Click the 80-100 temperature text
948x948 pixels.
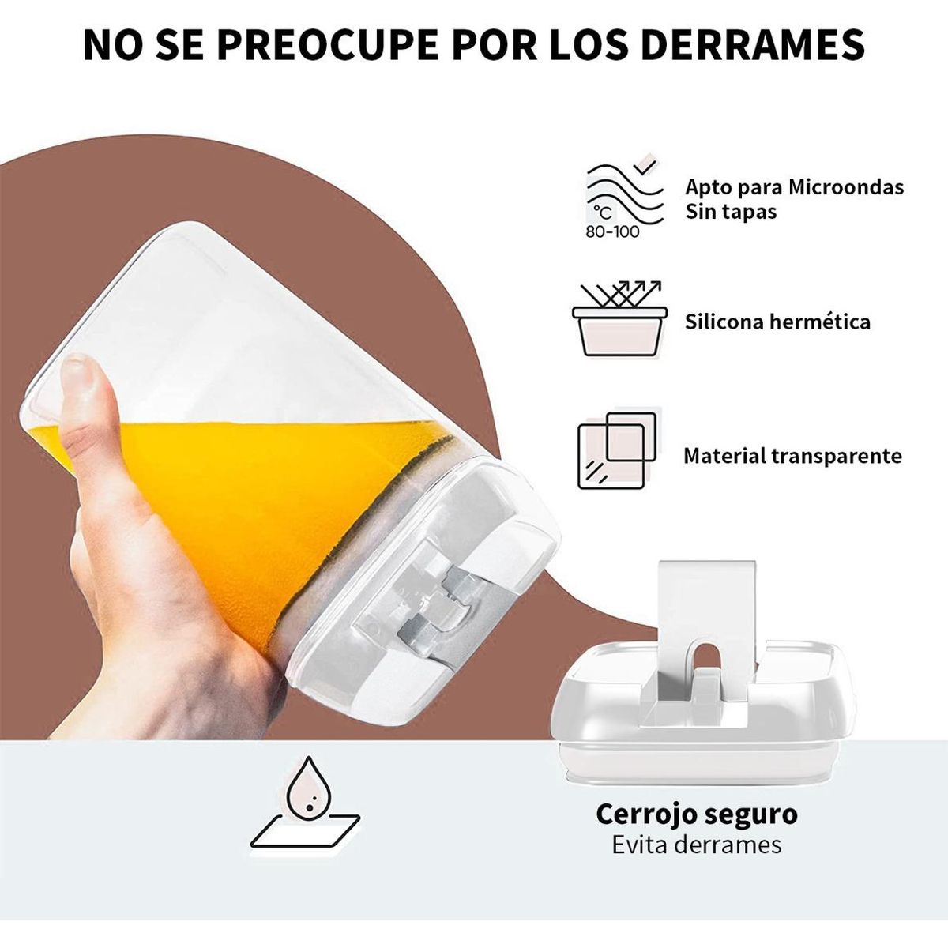pos(612,232)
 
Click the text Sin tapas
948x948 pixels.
pos(731,212)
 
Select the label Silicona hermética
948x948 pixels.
pos(777,322)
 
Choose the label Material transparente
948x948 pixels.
pos(792,456)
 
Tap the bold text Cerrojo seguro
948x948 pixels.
pos(696,814)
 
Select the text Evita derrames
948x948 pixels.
pos(696,845)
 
